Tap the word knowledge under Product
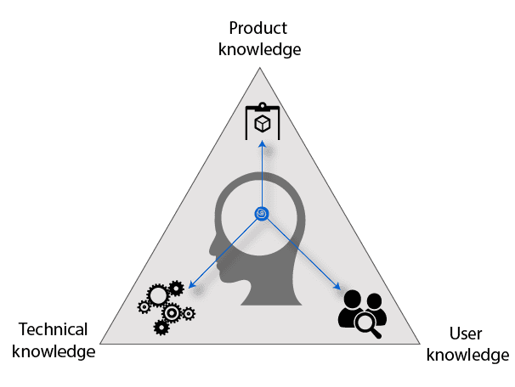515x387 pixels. tap(259, 48)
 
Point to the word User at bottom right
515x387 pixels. tap(466, 334)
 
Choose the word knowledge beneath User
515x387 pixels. tap(467, 354)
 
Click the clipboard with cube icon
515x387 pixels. tap(262, 121)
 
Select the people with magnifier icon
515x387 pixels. tap(363, 314)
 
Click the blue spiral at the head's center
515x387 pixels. tap(261, 213)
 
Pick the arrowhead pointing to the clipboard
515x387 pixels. tap(262, 144)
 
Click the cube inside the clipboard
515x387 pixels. tap(262, 124)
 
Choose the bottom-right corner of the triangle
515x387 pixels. tap(421, 343)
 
